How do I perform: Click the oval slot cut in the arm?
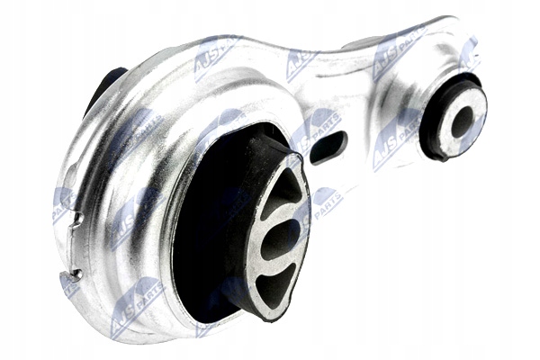(330, 148)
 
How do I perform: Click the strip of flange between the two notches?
(72, 245)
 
